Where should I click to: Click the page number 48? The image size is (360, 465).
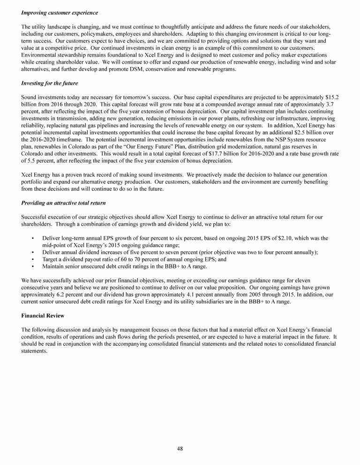(x=180, y=448)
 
